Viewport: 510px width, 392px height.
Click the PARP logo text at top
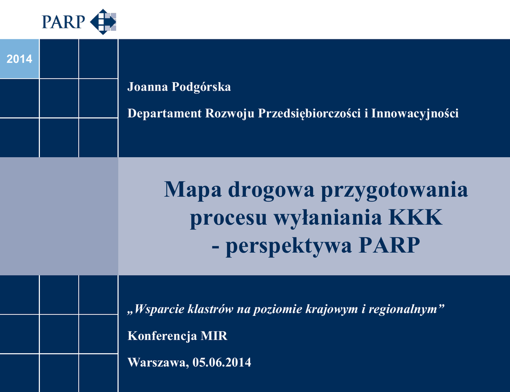pyautogui.click(x=63, y=22)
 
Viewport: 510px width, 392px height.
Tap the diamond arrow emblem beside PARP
pyautogui.click(x=103, y=22)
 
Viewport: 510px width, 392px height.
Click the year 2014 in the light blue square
pyautogui.click(x=19, y=59)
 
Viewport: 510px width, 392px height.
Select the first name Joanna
pyautogui.click(x=147, y=87)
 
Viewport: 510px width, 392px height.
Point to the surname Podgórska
pyautogui.click(x=201, y=87)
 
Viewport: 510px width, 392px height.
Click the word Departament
pyautogui.click(x=164, y=113)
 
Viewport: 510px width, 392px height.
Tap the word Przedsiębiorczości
pyautogui.click(x=309, y=114)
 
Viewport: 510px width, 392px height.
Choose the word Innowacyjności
pyautogui.click(x=415, y=114)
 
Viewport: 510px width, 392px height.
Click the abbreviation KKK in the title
pyautogui.click(x=416, y=217)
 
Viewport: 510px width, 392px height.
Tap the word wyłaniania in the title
pyautogui.click(x=328, y=218)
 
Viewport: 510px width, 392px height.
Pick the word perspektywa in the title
pyautogui.click(x=289, y=246)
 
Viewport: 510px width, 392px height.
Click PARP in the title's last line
pyautogui.click(x=389, y=245)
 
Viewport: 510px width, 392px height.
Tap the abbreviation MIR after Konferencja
pyautogui.click(x=214, y=336)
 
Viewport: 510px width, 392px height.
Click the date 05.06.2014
pyautogui.click(x=222, y=363)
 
